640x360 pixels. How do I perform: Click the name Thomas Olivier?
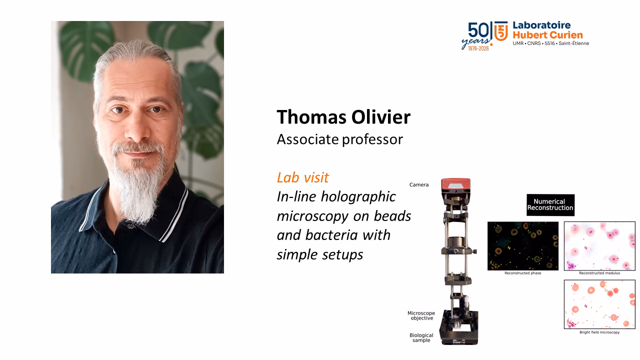click(x=343, y=117)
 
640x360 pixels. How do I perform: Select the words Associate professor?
click(x=339, y=139)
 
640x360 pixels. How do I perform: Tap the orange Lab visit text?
click(x=303, y=177)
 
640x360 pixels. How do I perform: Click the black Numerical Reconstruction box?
click(x=550, y=205)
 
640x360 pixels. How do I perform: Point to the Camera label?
click(x=419, y=185)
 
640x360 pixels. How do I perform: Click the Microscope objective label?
click(x=421, y=315)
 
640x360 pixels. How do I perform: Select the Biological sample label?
click(x=421, y=337)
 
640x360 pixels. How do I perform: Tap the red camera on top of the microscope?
click(x=455, y=185)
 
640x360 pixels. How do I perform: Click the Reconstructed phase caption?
click(x=523, y=273)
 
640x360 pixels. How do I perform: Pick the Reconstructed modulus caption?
click(x=599, y=273)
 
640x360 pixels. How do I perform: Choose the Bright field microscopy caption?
click(x=599, y=332)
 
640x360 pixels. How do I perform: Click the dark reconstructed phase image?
click(x=523, y=246)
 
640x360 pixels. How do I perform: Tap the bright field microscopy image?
click(x=599, y=304)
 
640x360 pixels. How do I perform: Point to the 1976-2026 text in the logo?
click(x=478, y=48)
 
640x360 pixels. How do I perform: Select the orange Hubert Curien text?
click(x=547, y=35)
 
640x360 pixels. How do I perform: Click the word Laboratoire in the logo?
click(x=541, y=25)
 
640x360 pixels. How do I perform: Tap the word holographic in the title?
click(x=358, y=197)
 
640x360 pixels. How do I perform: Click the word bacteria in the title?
click(x=331, y=235)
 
